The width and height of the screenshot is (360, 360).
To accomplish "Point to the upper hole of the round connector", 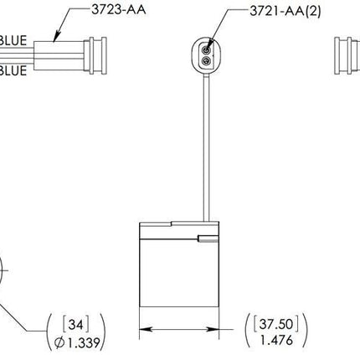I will (x=203, y=49).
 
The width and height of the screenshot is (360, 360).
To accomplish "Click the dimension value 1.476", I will (x=277, y=341).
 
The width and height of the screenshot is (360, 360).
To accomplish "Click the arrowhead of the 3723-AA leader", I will (x=54, y=39).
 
